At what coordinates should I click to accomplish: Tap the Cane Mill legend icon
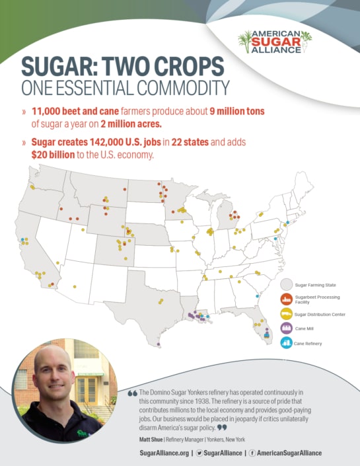[x=285, y=329]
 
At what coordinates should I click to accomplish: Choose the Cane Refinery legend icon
[x=285, y=343]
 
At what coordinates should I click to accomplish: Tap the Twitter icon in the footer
[x=199, y=453]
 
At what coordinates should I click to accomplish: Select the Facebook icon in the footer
[x=252, y=453]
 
